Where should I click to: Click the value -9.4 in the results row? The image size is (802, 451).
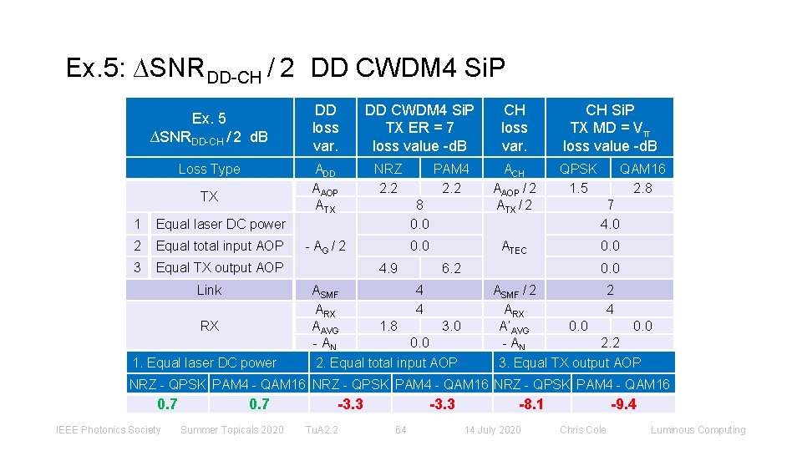(x=623, y=404)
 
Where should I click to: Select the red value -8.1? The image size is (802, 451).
(x=531, y=404)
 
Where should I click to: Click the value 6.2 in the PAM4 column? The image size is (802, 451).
(x=451, y=268)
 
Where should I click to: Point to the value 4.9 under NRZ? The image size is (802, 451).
(x=388, y=268)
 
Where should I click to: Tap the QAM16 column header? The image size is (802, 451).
(x=642, y=170)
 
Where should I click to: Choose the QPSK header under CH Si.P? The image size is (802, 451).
(x=578, y=170)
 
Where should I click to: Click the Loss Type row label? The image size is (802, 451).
(x=209, y=170)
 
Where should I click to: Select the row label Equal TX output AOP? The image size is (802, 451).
(x=220, y=267)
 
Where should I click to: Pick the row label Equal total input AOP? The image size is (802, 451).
(x=220, y=246)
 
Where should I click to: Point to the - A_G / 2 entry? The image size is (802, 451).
(x=325, y=246)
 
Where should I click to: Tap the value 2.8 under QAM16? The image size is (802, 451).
(x=642, y=188)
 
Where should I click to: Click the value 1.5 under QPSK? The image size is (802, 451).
(x=578, y=188)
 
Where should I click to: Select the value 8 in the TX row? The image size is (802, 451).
(x=419, y=205)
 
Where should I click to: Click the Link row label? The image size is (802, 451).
(x=209, y=290)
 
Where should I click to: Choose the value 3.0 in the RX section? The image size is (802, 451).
(x=451, y=326)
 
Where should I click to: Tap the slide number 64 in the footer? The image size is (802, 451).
(x=400, y=430)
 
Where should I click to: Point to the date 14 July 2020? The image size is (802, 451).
(x=492, y=430)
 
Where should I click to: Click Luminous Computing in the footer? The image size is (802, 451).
(x=698, y=430)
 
